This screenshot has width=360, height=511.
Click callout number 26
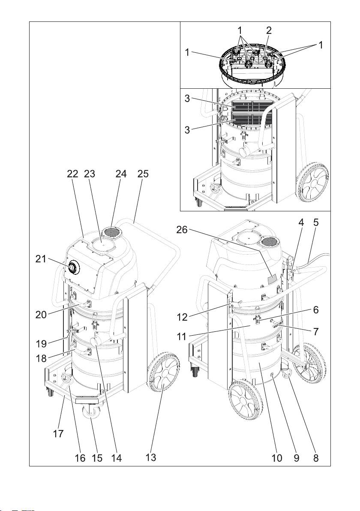pyautogui.click(x=182, y=230)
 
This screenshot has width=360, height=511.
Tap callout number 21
pyautogui.click(x=41, y=259)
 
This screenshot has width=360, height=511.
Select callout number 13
pyautogui.click(x=151, y=457)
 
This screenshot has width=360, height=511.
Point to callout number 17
pyautogui.click(x=58, y=434)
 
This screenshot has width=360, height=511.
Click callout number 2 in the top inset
pyautogui.click(x=269, y=30)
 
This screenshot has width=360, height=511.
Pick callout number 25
pyautogui.click(x=143, y=174)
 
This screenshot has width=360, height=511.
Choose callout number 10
pyautogui.click(x=277, y=458)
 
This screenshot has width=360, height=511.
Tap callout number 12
pyautogui.click(x=183, y=317)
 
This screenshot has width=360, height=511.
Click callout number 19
pyautogui.click(x=42, y=343)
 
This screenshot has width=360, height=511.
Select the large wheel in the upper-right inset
pyautogui.click(x=313, y=183)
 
